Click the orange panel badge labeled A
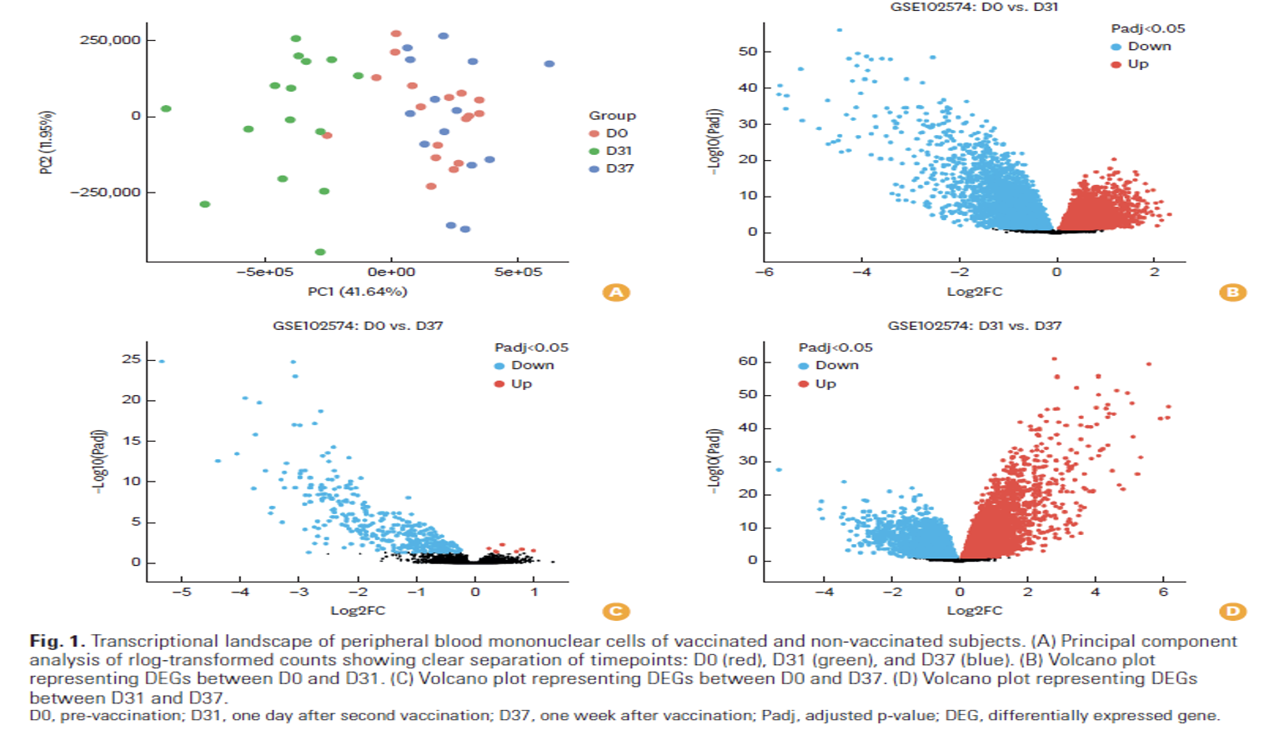tap(616, 292)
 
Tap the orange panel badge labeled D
tap(1232, 612)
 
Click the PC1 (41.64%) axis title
tap(357, 292)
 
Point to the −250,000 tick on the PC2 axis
tap(106, 192)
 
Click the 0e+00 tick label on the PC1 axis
tap(391, 272)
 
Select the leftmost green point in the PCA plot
tap(166, 109)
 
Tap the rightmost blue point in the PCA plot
tap(549, 64)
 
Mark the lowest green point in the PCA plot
tap(320, 252)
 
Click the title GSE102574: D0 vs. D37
tap(358, 326)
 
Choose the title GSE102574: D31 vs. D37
tap(974, 326)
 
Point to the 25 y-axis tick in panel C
tap(131, 359)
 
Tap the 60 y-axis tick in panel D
tap(748, 362)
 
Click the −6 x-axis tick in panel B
tap(764, 272)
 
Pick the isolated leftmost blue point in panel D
tap(779, 470)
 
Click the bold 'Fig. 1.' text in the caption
tap(57, 641)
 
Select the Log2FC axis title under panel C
tap(358, 611)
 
